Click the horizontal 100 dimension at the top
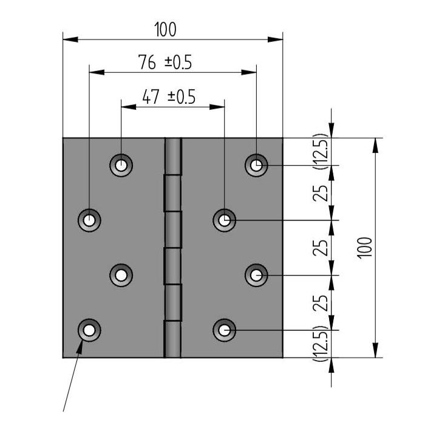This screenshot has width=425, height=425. click(165, 30)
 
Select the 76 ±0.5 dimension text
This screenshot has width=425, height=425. click(165, 62)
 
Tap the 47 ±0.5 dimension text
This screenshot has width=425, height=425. click(169, 97)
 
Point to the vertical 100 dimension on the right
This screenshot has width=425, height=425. click(365, 248)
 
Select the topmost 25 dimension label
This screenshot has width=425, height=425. click(321, 193)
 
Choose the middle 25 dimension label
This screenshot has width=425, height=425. click(321, 248)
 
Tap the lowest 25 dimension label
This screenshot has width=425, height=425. click(321, 303)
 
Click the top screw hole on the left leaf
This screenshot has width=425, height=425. click(121, 165)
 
